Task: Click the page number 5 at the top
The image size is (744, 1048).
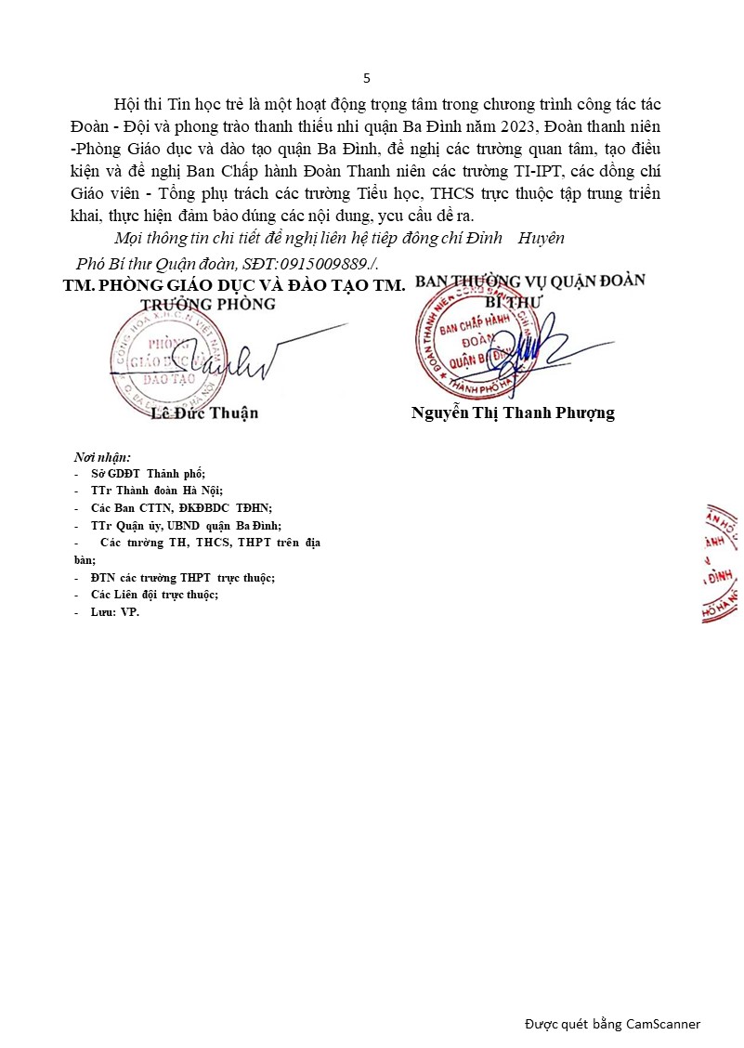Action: point(366,78)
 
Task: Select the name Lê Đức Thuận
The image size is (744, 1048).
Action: point(204,413)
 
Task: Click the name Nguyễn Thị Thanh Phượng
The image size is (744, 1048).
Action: point(513,413)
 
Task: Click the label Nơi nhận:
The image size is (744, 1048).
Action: point(103,457)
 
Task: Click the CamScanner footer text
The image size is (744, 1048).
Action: point(612,1024)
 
